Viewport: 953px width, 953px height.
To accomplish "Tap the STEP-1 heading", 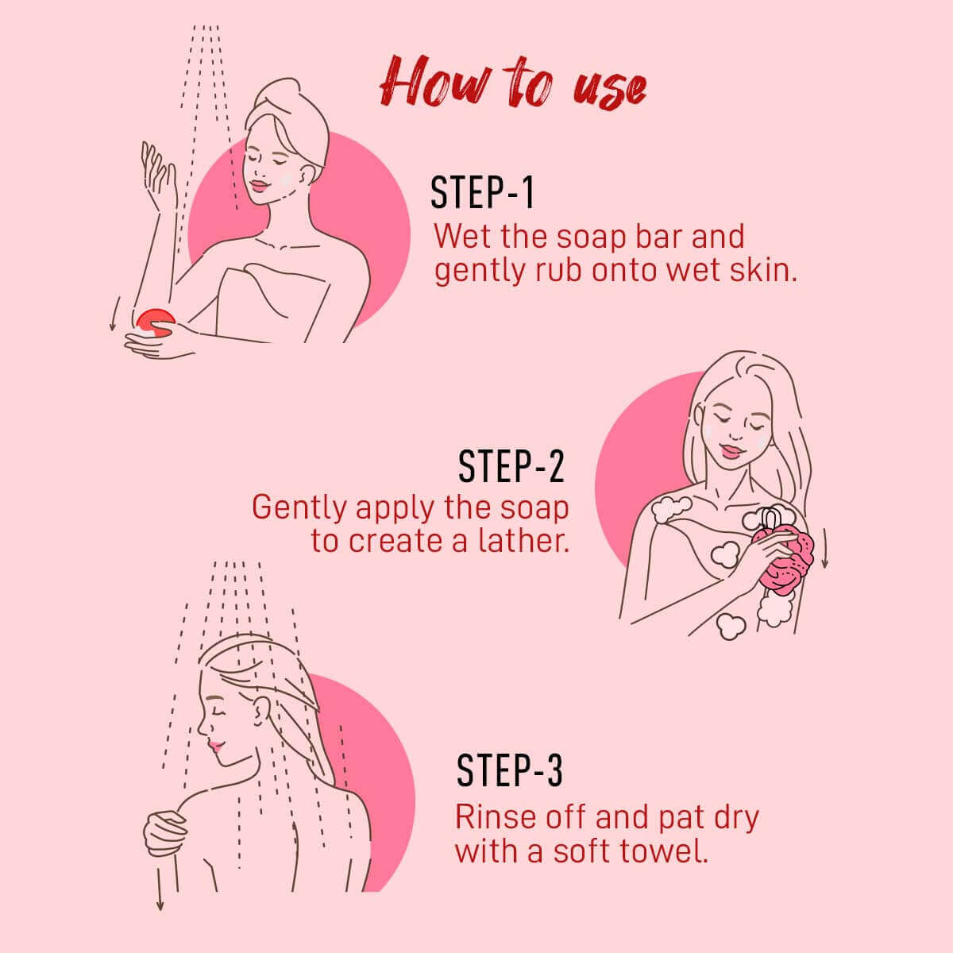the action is click(x=483, y=193).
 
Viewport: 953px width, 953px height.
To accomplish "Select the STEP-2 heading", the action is click(x=511, y=466).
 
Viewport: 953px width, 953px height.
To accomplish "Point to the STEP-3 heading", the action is click(x=509, y=770).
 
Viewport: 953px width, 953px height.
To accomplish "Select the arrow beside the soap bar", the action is click(x=114, y=314).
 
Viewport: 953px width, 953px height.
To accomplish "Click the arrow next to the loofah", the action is click(x=824, y=548).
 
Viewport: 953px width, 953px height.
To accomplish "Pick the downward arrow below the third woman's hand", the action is click(x=160, y=889).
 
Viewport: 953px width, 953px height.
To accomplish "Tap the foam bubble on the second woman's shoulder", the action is click(x=670, y=509).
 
